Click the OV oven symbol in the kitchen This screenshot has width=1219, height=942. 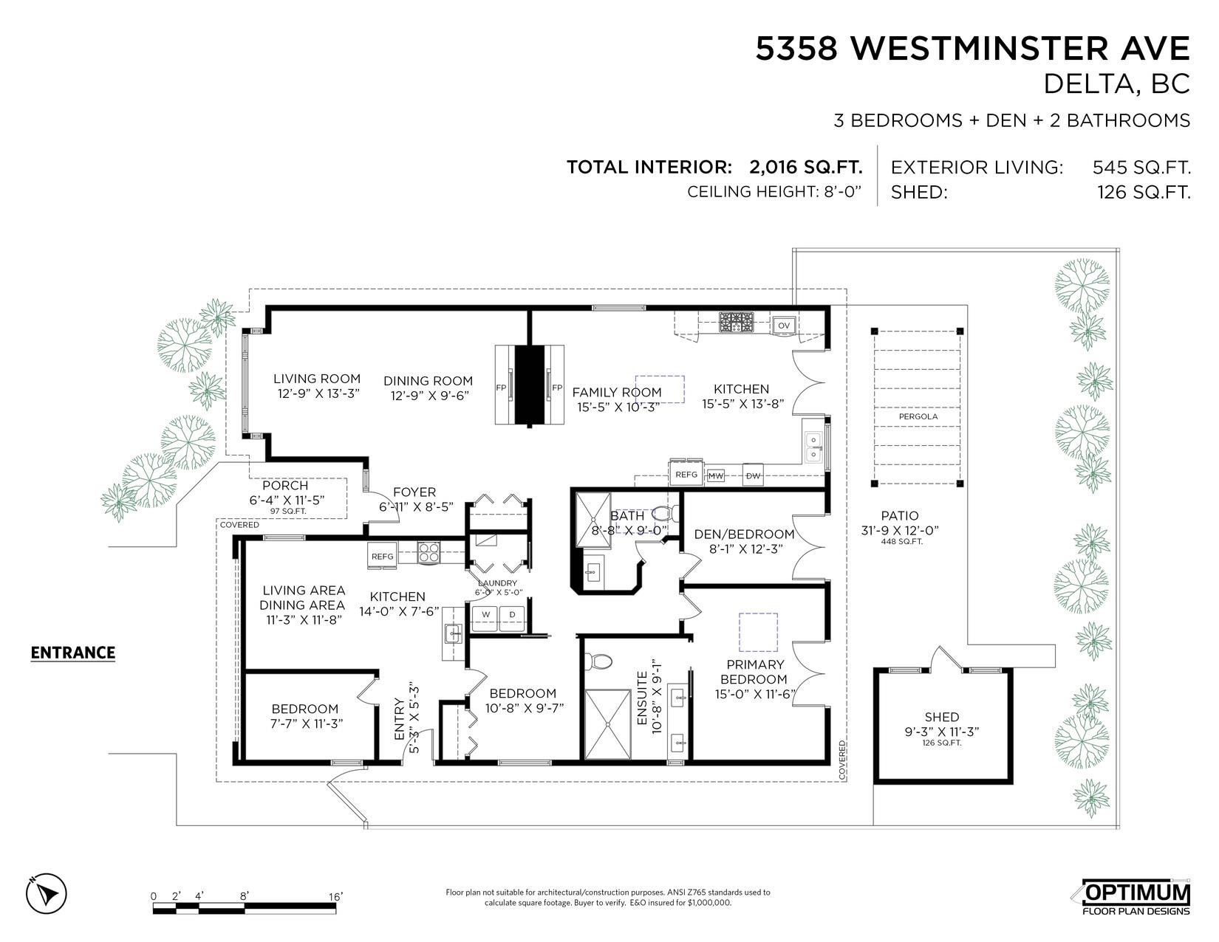point(783,326)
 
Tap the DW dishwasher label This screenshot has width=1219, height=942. point(753,475)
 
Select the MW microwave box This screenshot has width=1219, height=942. point(715,475)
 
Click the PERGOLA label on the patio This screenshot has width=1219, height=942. point(918,416)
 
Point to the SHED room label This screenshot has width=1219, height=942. point(941,717)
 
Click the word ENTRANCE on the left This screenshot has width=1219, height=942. point(73,653)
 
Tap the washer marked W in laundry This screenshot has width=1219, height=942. point(486,615)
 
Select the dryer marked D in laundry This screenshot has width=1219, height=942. point(511,615)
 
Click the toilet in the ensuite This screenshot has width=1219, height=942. point(600,661)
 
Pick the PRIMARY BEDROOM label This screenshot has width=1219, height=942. point(754,672)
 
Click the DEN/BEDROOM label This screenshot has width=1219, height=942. point(744,534)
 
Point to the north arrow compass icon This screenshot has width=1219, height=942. point(46,893)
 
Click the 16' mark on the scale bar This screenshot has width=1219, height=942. point(335,897)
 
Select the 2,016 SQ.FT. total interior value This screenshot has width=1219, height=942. point(805,167)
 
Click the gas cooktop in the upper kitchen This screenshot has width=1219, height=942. point(736,322)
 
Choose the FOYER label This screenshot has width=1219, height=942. point(414,492)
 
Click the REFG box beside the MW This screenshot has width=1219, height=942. point(686,474)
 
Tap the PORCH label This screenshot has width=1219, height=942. point(285,485)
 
